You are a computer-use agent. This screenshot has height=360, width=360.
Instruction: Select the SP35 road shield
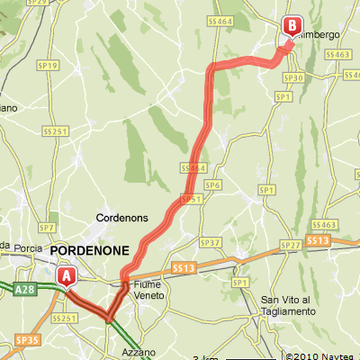click(x=27, y=341)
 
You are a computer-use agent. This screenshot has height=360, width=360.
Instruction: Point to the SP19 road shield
click(x=49, y=66)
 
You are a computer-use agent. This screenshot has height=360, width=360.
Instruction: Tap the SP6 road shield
click(x=212, y=184)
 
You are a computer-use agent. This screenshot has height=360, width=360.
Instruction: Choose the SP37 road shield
click(x=210, y=243)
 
